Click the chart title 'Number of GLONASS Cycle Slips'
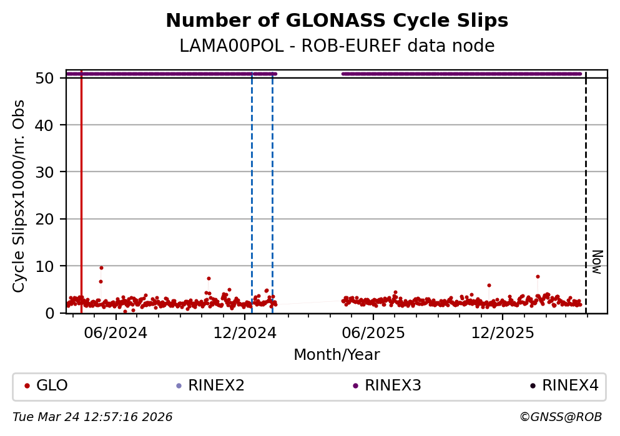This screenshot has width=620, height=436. coord(337,21)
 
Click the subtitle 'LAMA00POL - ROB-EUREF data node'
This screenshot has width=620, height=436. coord(337,46)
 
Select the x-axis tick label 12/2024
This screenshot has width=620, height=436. coord(245,333)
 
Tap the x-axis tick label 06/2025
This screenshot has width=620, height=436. coord(373,333)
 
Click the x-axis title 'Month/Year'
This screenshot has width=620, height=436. coord(337,355)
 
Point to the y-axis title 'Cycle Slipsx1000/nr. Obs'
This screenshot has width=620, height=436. coord(19,196)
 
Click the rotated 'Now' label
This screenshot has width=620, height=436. coord(598,261)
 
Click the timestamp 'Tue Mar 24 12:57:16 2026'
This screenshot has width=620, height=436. coord(92,417)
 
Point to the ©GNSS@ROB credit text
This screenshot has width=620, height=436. coord(560,417)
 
